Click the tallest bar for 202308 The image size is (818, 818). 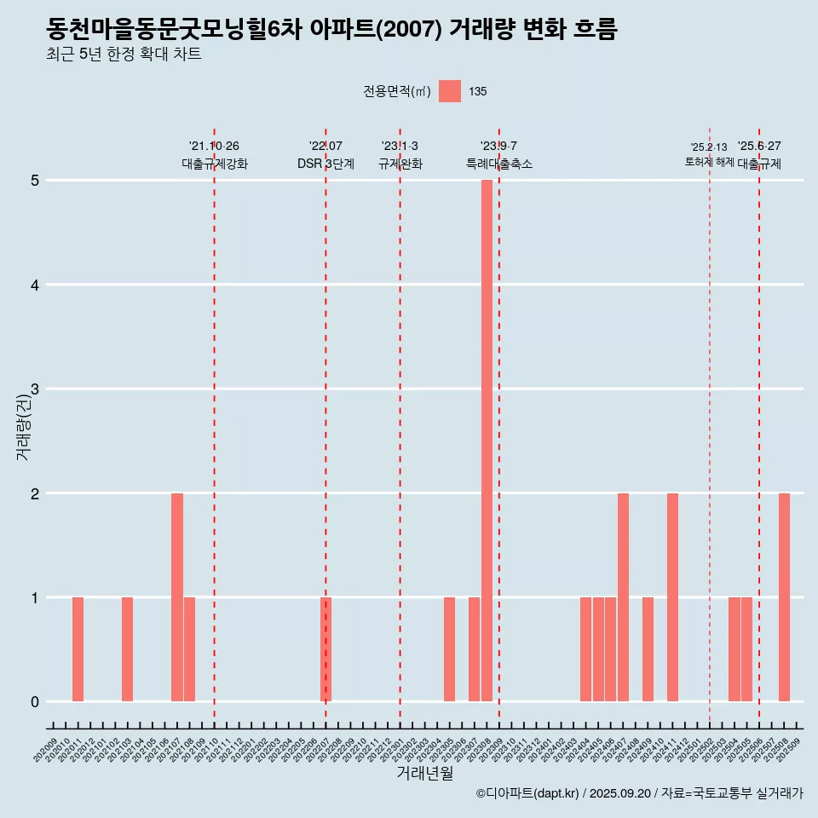coord(487,441)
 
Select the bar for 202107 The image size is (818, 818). coord(177,597)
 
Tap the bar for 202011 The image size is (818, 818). coord(78,649)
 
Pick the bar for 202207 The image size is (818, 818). coord(325,649)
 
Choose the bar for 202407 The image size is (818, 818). coord(623,597)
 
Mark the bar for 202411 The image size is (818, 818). coord(672,597)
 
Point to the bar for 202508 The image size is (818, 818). coord(784,597)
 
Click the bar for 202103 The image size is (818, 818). coord(127,649)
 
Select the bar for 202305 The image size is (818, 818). coord(449,649)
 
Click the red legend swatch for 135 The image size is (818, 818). coord(450,91)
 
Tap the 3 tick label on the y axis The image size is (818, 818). coord(35,389)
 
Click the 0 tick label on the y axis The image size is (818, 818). coord(35,702)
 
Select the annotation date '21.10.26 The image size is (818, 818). coord(214,147)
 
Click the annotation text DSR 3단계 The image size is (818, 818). coord(325,164)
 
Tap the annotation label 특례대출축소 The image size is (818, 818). coord(498,164)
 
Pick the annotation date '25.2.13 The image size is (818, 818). coord(709,147)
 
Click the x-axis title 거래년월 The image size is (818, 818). coord(424,773)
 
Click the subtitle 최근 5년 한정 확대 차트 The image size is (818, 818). coord(124,55)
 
